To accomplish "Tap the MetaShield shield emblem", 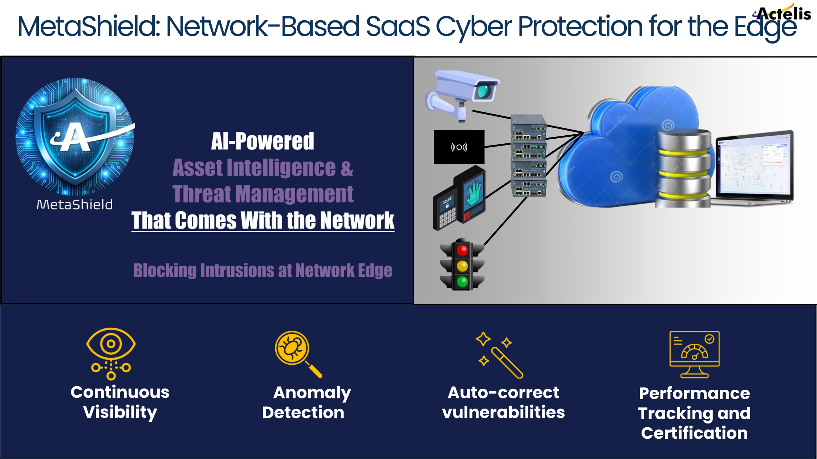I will (x=75, y=136).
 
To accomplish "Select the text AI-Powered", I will (x=263, y=141).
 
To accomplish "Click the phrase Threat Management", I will (x=263, y=194).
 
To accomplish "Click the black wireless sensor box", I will (x=459, y=147).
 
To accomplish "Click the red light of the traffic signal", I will (x=462, y=250).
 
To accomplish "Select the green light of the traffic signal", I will (x=462, y=282).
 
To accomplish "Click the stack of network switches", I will (x=529, y=156).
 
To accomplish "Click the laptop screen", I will (x=753, y=165).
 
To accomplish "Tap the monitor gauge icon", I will (x=694, y=354).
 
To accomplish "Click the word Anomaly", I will (x=312, y=393).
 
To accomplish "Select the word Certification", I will (x=694, y=433).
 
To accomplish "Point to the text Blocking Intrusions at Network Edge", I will (x=263, y=271).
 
